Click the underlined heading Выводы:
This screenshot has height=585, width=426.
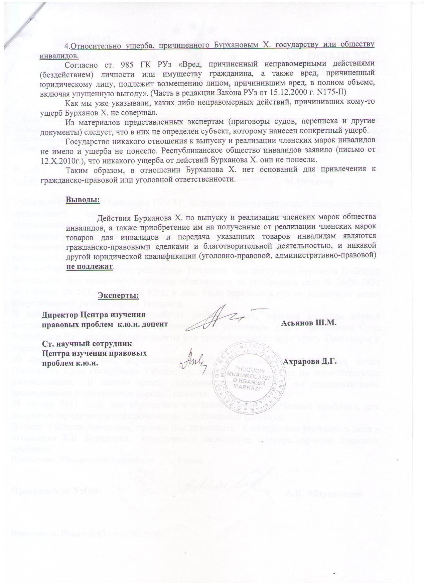coord(83,200)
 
